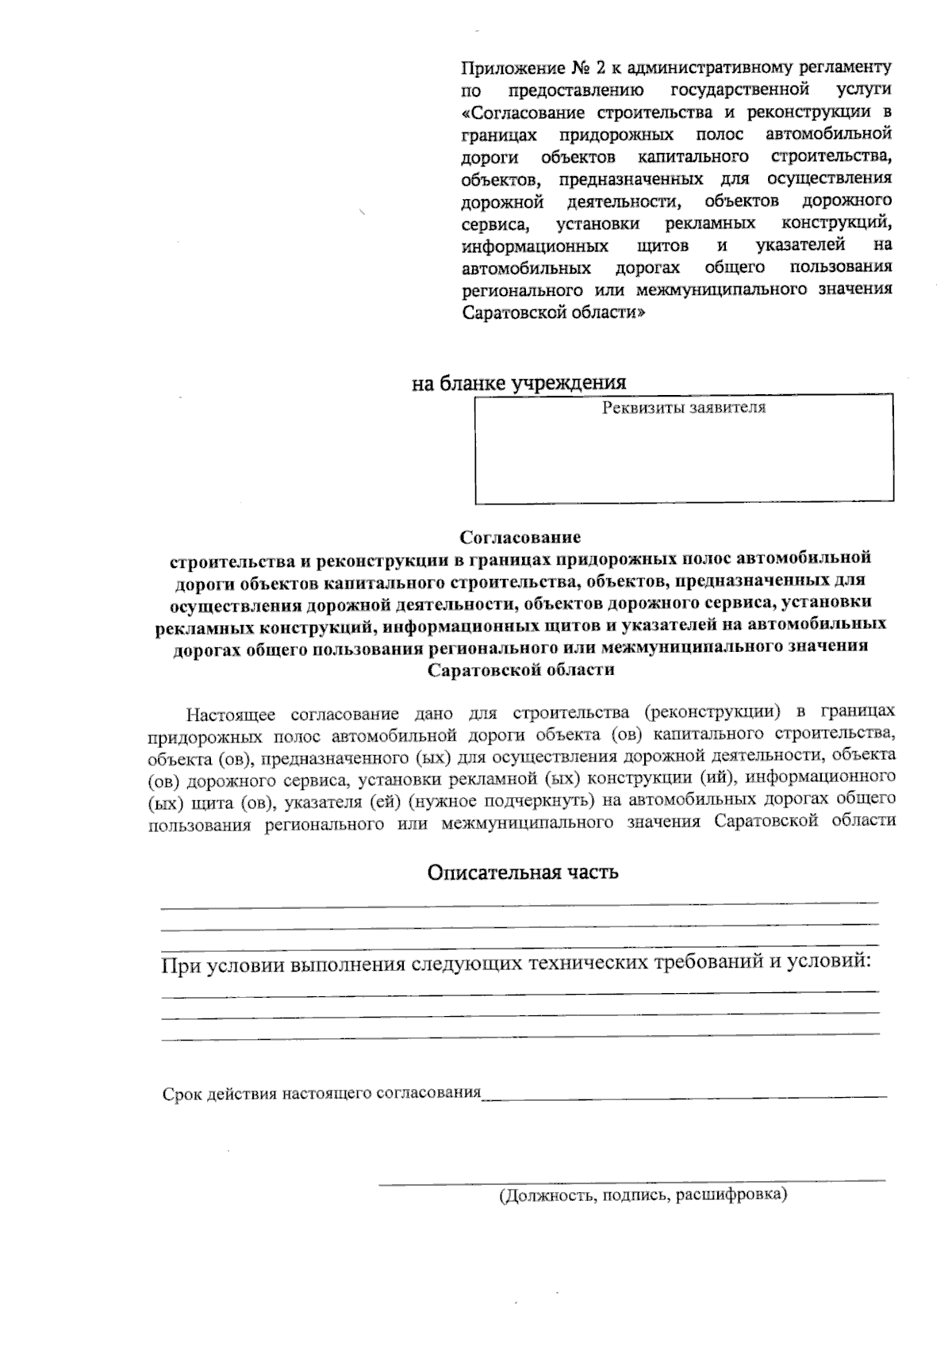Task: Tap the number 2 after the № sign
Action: coord(602,67)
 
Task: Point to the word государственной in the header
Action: coord(739,89)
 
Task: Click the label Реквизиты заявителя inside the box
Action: coord(684,408)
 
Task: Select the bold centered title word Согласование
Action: coord(520,538)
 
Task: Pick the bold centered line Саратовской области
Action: coord(521,670)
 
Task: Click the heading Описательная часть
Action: coord(523,873)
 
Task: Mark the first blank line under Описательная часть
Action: coord(520,903)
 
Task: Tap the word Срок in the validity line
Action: coord(182,1094)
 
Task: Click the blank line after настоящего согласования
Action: coord(685,1096)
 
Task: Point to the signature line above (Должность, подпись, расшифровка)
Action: coord(631,1182)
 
